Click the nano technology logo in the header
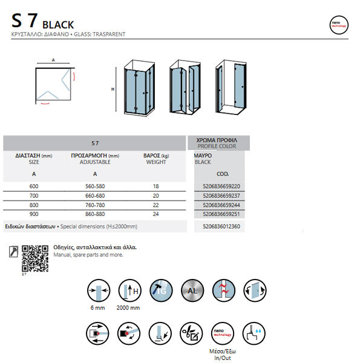tap(338, 25)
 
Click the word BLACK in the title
tap(58, 25)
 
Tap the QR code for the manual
tap(34, 258)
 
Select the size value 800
tap(34, 205)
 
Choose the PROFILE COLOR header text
tap(217, 147)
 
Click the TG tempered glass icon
tap(160, 290)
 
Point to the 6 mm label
tap(97, 309)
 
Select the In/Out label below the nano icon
tap(223, 358)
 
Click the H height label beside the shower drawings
tap(113, 90)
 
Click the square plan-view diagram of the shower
tap(53, 85)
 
